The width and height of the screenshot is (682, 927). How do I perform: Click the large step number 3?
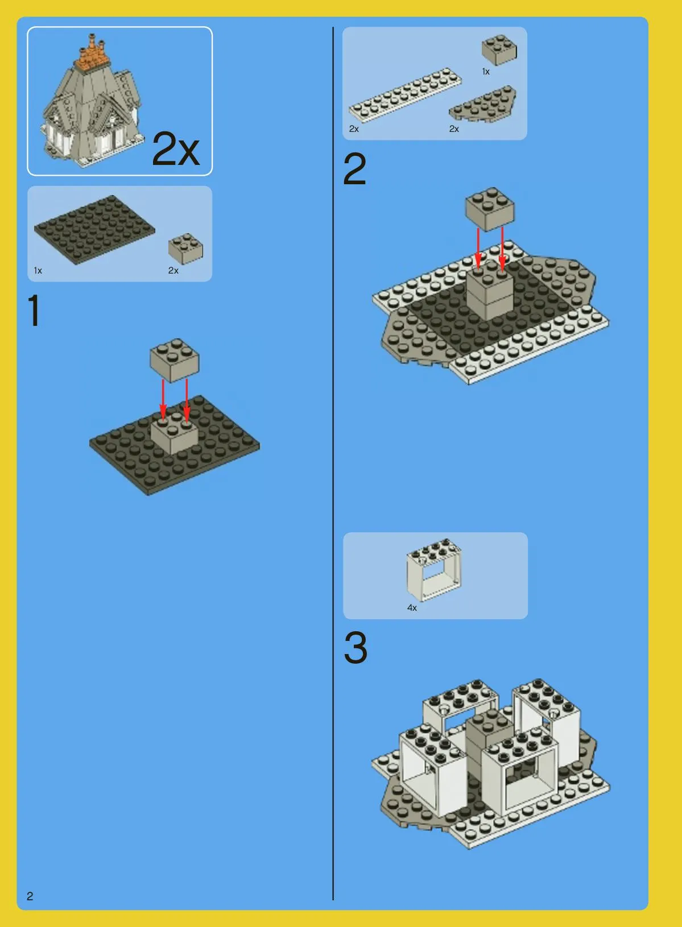click(x=356, y=647)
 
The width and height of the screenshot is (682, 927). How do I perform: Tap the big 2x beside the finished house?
click(x=176, y=149)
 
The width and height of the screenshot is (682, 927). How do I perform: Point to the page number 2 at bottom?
click(x=30, y=896)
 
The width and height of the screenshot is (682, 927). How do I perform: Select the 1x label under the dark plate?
click(x=38, y=271)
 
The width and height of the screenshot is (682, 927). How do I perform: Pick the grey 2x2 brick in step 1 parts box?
click(x=185, y=249)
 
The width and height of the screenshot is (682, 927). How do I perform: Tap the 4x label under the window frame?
click(x=412, y=608)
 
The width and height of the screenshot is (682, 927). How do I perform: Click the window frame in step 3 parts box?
click(x=434, y=570)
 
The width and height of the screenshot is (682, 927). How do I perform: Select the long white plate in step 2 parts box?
click(x=406, y=95)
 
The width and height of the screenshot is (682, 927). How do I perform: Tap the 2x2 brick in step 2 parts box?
click(x=499, y=49)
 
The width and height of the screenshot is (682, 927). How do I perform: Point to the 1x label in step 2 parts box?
click(x=486, y=72)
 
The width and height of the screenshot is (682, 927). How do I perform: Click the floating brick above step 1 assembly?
click(x=174, y=359)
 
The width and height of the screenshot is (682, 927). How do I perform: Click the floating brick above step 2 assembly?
click(x=490, y=209)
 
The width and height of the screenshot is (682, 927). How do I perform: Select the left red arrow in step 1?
click(x=163, y=400)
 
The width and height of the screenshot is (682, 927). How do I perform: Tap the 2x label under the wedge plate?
click(x=454, y=129)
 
